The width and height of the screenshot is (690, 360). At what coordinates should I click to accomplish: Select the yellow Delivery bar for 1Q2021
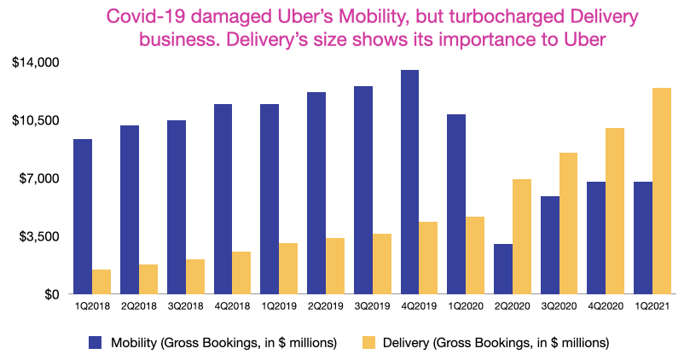coord(661,191)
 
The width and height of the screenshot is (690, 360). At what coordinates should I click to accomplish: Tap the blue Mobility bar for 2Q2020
coord(502,269)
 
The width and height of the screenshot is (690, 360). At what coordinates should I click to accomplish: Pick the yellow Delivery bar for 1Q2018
coord(102,282)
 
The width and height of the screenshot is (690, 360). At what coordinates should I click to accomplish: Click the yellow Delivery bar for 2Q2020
coord(521,236)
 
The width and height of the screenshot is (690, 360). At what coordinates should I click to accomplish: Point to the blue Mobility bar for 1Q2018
coord(83,217)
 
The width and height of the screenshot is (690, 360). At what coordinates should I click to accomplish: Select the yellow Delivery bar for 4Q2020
coord(614,211)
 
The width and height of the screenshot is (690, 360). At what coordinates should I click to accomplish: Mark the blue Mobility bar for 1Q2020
coord(456,204)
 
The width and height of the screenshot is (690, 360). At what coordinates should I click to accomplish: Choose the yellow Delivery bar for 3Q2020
coord(568,224)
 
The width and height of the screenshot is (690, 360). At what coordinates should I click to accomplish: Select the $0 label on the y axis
coord(45,294)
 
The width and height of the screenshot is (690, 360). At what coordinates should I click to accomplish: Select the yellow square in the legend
coord(368,342)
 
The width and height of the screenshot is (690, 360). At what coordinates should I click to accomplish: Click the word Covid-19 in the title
coord(236,18)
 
